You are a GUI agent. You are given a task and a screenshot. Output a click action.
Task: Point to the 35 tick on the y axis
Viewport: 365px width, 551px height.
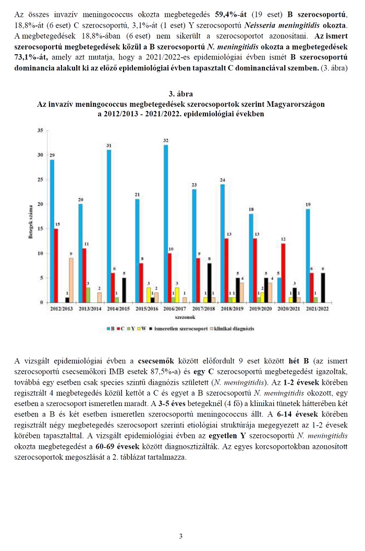pos(40,130)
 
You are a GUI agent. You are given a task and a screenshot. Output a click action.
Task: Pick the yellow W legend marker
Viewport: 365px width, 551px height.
pos(139,329)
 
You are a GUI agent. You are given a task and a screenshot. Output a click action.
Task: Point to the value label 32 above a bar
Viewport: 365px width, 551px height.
pos(166,141)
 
